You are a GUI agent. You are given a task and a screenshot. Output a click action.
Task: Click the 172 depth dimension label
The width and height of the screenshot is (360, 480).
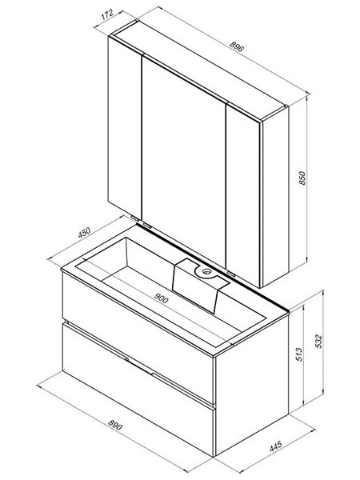tap(107, 14)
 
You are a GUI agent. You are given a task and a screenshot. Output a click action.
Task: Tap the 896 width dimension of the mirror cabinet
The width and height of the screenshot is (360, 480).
tap(237, 46)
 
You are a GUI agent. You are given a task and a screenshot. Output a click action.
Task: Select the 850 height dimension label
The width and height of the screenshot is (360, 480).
tap(302, 178)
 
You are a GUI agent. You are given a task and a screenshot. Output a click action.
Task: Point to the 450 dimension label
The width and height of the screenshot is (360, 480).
tap(84, 232)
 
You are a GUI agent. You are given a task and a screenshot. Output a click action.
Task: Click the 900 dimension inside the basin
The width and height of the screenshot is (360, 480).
tap(161, 298)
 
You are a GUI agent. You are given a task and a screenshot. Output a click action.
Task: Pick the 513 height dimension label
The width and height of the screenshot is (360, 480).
tap(299, 354)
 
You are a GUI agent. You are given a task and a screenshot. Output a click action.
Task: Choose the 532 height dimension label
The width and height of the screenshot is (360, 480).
tap(318, 341)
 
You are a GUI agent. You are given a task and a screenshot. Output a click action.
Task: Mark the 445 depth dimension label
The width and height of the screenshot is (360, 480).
tap(276, 446)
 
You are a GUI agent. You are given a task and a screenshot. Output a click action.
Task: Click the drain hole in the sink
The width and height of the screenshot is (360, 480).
tap(206, 271)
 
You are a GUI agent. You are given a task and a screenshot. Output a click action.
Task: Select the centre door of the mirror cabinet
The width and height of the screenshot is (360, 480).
tap(184, 159)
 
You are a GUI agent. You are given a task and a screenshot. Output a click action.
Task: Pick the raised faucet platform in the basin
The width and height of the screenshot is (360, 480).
tap(199, 283)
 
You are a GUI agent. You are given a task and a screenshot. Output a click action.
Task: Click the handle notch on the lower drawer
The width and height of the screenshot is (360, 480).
tap(140, 366)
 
